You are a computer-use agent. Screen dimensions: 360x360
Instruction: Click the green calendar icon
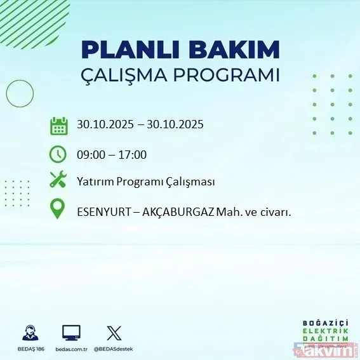click(x=58, y=125)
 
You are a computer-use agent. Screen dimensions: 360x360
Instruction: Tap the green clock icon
click(x=58, y=154)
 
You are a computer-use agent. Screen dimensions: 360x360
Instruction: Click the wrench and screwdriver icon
click(x=58, y=181)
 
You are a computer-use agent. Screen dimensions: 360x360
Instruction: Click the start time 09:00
click(x=91, y=154)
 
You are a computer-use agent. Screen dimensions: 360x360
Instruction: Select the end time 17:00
click(x=133, y=154)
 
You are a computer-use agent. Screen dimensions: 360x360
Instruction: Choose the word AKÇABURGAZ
click(x=186, y=213)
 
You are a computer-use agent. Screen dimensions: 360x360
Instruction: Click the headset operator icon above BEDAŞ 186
click(x=29, y=333)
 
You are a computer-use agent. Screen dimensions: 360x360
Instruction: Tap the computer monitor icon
click(x=71, y=332)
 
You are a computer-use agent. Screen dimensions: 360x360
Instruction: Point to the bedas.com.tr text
click(x=71, y=349)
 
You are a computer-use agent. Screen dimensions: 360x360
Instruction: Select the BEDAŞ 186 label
click(x=29, y=349)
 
